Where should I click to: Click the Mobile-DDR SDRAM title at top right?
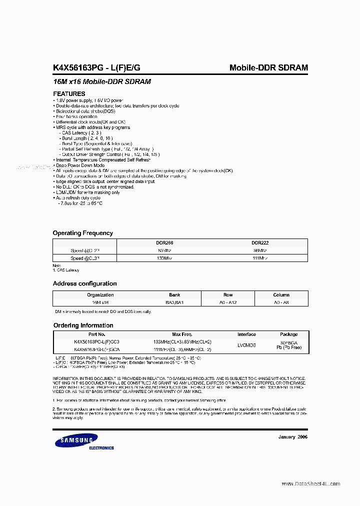tap(268, 67)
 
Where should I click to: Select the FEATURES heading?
tap(69, 93)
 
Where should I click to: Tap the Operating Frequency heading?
tap(83, 233)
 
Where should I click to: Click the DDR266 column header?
tap(164, 242)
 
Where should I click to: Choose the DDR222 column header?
tap(260, 242)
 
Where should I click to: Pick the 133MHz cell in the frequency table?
tap(164, 258)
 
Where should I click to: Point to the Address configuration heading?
tap(85, 283)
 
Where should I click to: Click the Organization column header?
tap(100, 295)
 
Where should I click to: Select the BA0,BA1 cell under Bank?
tap(174, 303)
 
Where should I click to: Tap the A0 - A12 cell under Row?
tap(228, 303)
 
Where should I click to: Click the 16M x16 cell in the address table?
tap(100, 303)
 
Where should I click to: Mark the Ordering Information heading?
tap(83, 325)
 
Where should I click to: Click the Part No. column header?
tap(96, 334)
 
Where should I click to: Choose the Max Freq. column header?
tap(182, 334)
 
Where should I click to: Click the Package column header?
tap(288, 334)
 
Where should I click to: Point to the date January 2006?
tap(292, 436)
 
